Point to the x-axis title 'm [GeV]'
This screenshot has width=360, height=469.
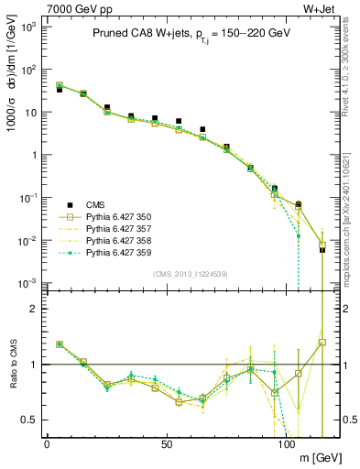point(318,456)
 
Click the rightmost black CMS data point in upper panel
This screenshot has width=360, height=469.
point(322,249)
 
